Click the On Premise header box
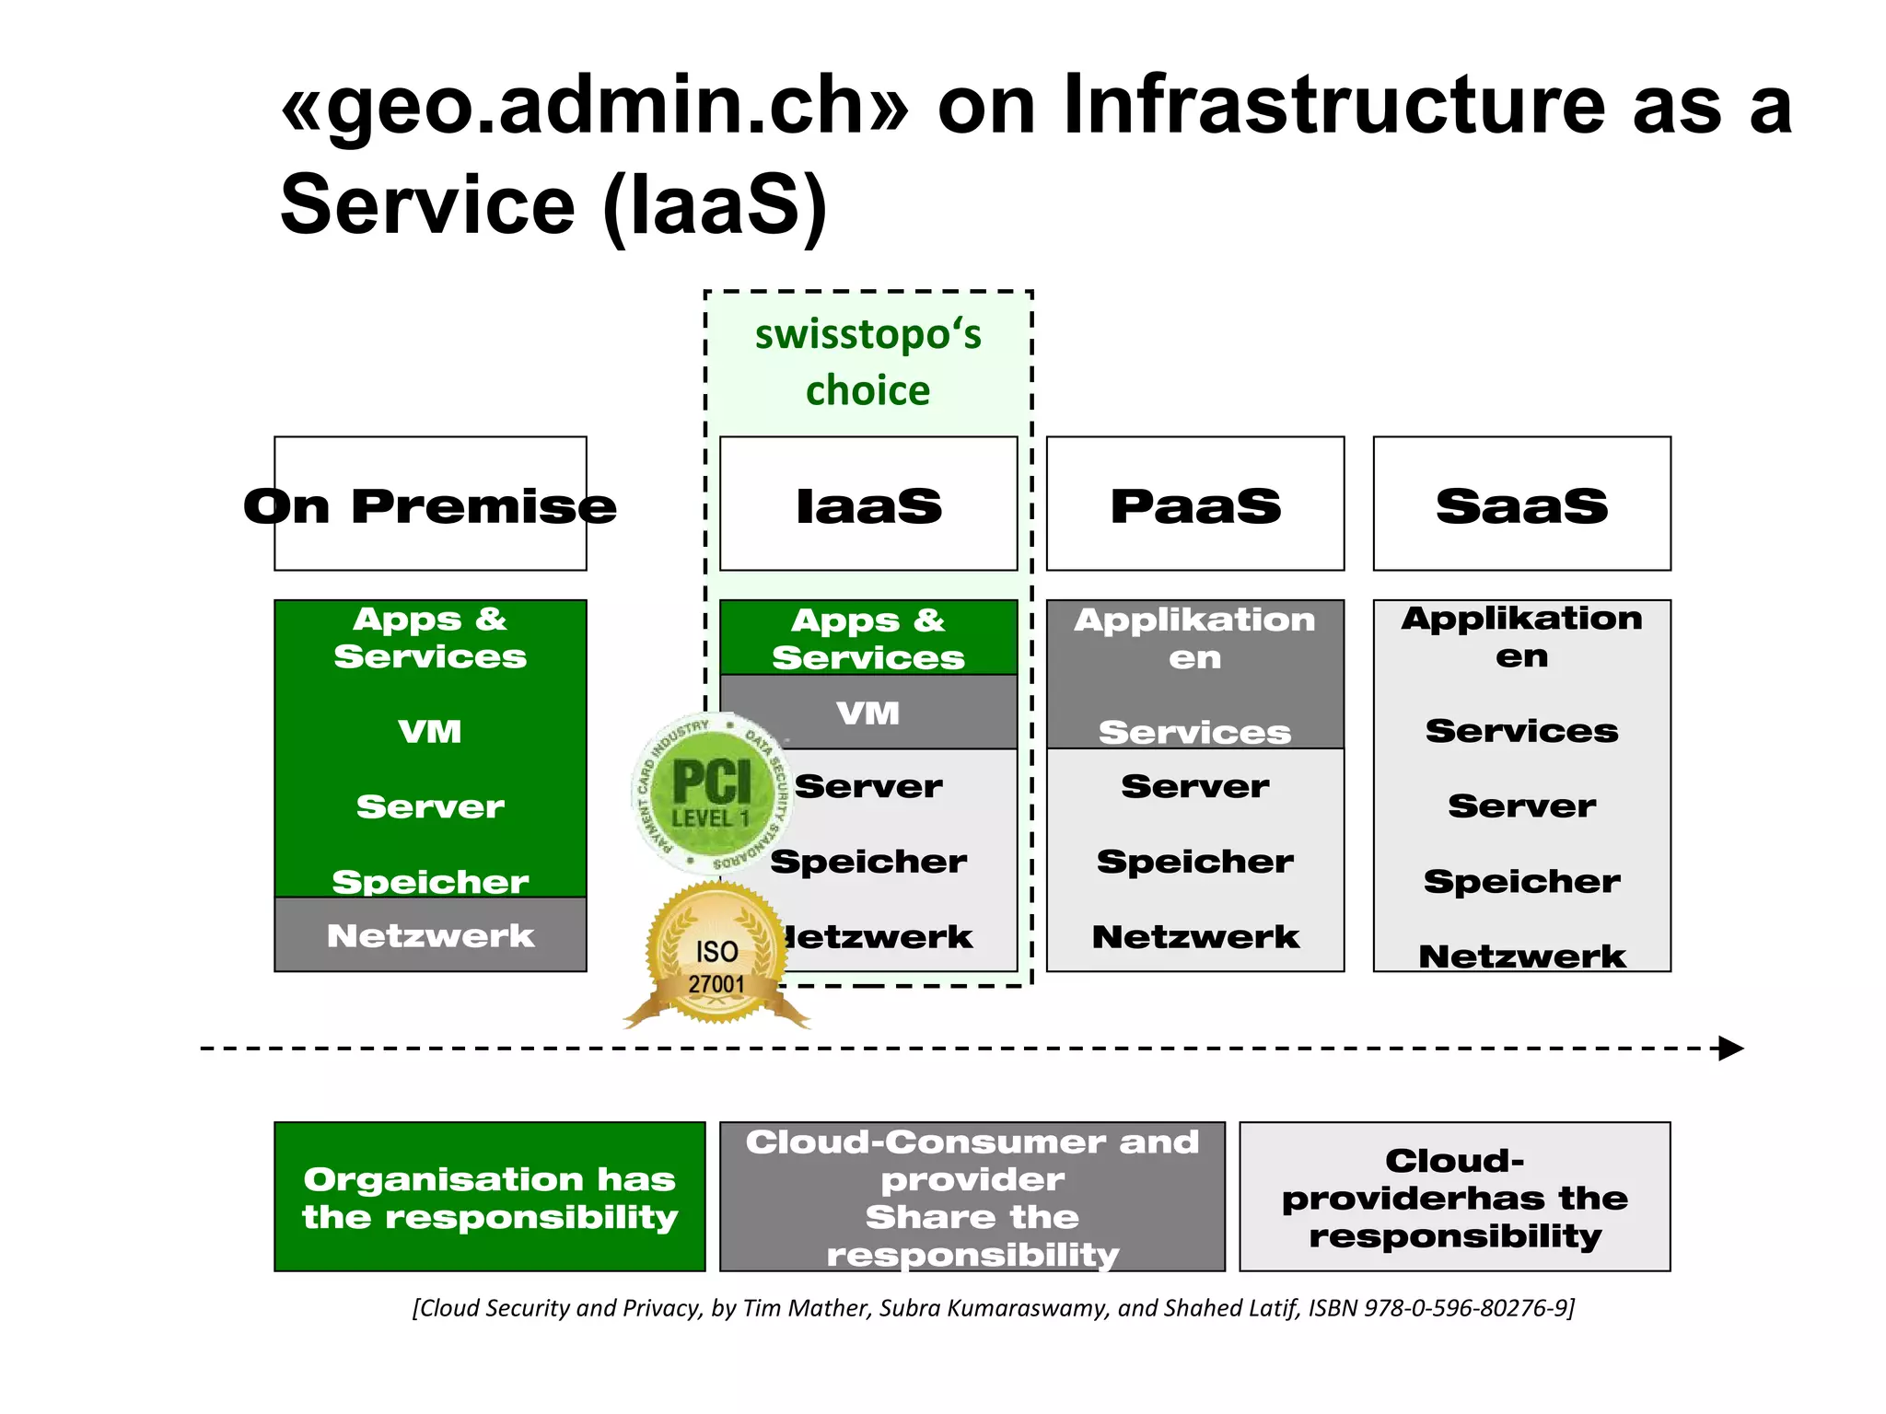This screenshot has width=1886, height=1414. point(430,504)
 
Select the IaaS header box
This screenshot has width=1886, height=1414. point(868,504)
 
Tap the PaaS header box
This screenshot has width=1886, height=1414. point(1195,504)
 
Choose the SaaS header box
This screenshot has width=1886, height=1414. point(1521,504)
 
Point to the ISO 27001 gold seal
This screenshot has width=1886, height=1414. point(716,957)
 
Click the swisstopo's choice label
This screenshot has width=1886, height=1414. point(867,362)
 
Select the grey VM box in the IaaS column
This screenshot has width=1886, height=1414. point(868,713)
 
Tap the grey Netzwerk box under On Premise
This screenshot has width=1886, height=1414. point(430,935)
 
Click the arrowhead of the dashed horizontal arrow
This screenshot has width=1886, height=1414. point(1731,1049)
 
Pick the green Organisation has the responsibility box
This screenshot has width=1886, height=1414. point(489,1197)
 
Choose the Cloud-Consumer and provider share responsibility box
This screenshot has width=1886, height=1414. point(972,1197)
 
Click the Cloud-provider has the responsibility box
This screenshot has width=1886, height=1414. point(1454,1197)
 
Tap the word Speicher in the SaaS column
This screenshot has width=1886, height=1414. point(1521,882)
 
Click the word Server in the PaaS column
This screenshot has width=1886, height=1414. point(1195,786)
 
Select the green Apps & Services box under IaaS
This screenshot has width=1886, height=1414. point(868,638)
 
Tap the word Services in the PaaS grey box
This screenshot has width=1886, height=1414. point(1195,733)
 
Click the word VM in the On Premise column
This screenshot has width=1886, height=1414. point(430,732)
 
